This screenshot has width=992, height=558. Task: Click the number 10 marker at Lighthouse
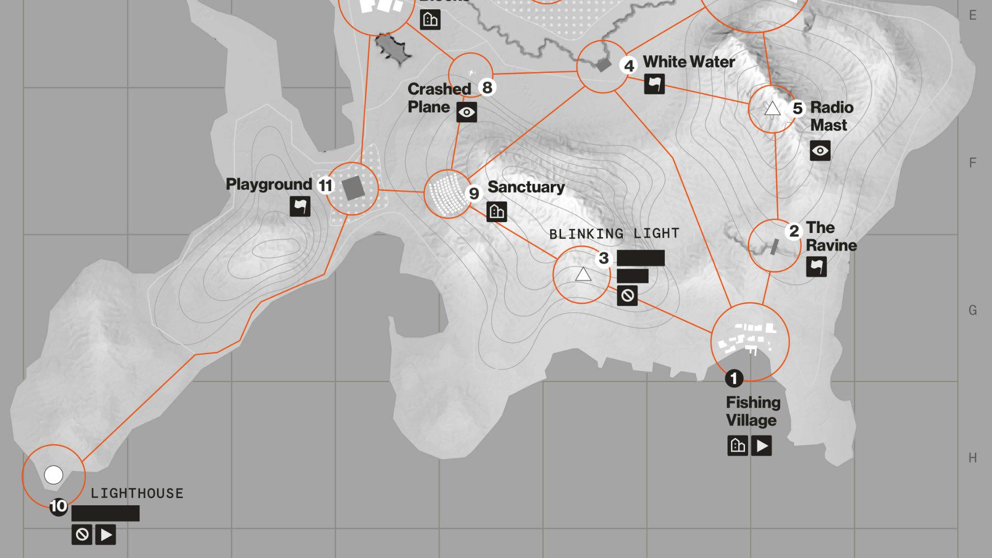point(58,506)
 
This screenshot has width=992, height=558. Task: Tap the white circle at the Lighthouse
point(54,475)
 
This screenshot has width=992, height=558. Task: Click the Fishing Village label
point(753,411)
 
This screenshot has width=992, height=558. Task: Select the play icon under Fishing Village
point(762,445)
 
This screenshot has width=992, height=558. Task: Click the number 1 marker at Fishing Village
point(734,379)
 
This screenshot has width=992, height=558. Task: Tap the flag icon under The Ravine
point(816,267)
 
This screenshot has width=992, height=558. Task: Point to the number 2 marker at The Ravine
point(794,231)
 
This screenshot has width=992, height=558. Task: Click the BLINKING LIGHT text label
point(614,234)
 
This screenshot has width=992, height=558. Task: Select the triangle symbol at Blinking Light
point(583,274)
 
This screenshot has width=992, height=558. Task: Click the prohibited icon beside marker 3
point(627,296)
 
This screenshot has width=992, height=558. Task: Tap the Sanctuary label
point(526,187)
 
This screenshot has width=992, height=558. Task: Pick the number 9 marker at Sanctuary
point(474,193)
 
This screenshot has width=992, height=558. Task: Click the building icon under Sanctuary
point(497,211)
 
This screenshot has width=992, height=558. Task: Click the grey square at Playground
point(354,188)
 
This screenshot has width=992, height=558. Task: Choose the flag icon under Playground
point(300,206)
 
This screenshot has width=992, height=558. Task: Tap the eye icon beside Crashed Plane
point(467,112)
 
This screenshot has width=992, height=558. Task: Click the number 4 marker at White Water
point(629,66)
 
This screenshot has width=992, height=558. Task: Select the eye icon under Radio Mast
point(820,151)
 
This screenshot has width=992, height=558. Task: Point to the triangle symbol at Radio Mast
point(772,109)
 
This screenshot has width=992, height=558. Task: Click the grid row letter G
point(972,310)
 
